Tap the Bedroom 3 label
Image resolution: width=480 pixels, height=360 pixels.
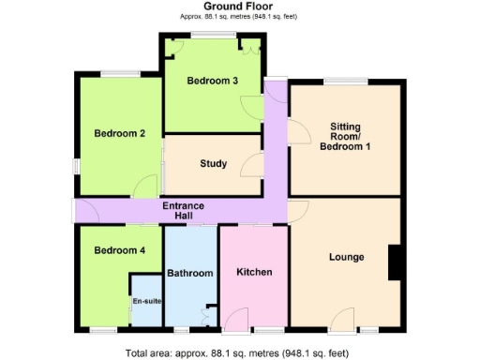click(212, 81)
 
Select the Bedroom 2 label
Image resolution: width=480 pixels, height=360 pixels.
click(119, 133)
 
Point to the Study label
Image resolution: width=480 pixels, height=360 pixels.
click(213, 164)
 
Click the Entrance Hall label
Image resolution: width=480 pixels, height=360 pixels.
click(184, 211)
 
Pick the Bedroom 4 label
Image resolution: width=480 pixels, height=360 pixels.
click(119, 250)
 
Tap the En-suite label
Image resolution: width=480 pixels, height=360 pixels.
click(145, 302)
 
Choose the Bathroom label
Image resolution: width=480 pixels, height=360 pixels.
click(190, 274)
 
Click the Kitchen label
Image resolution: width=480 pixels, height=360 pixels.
click(254, 273)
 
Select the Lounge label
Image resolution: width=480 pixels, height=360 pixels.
click(346, 257)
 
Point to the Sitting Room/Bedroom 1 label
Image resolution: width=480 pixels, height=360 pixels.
click(346, 136)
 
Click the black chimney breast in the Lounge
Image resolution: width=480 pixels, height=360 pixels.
click(395, 262)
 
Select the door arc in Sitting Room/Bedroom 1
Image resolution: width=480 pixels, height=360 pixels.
click(299, 130)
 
